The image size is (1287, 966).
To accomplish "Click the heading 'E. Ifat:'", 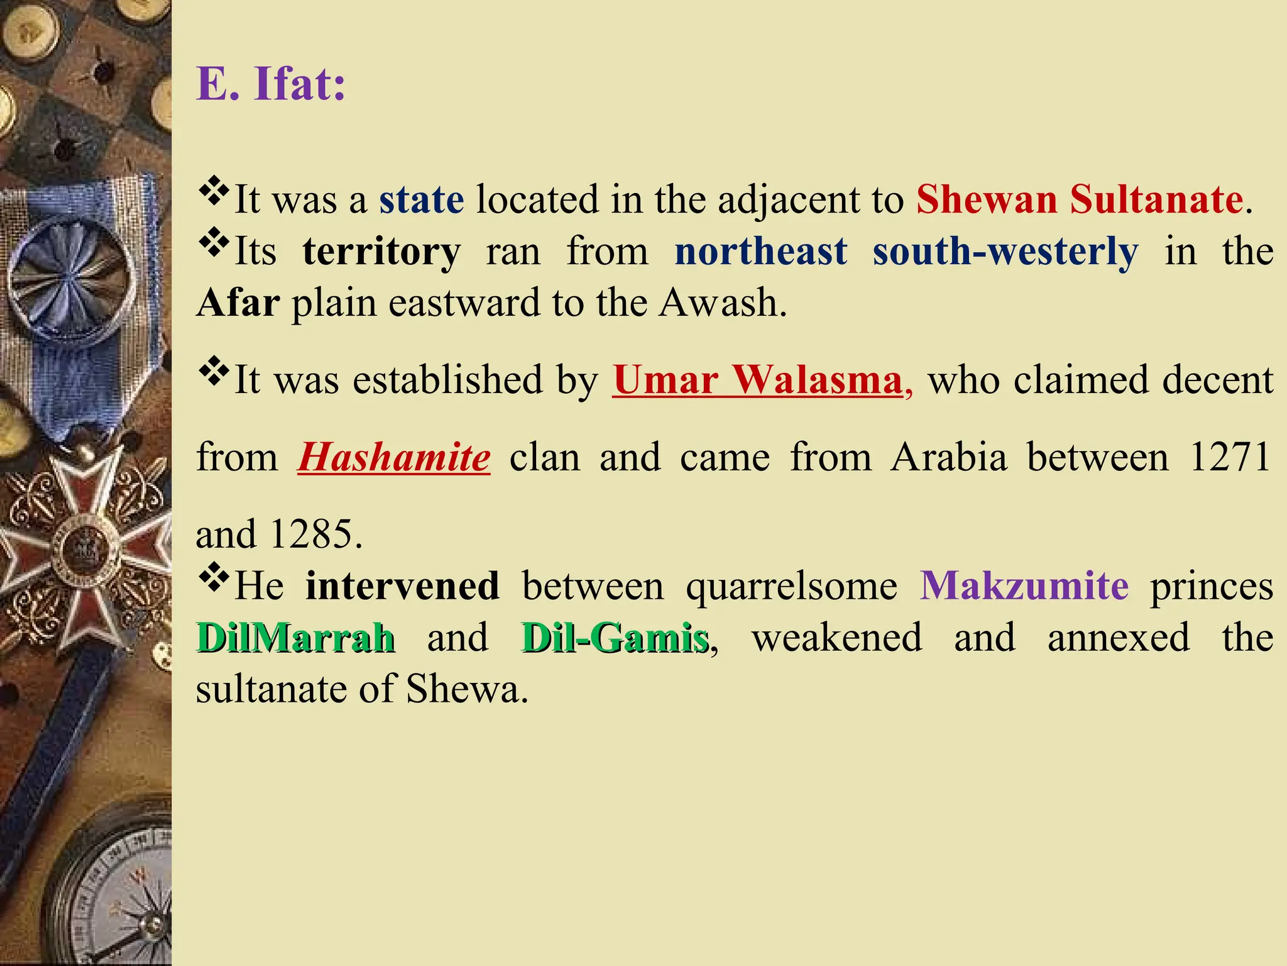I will (271, 84).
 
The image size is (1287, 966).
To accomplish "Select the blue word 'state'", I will (421, 200).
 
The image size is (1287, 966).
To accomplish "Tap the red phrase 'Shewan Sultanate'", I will (1079, 200).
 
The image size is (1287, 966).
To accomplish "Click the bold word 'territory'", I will (381, 252).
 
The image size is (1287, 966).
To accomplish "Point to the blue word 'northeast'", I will (760, 252).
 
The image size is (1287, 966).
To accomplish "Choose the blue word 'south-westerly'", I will (1005, 252).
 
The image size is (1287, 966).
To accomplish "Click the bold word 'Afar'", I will (238, 303).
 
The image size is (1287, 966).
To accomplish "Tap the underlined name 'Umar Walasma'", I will (758, 380).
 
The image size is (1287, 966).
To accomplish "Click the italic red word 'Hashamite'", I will (393, 458).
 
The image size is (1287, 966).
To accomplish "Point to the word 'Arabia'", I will (949, 458).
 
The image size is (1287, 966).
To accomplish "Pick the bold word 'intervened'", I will (402, 586).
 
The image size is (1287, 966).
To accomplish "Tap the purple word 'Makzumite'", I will (1024, 586).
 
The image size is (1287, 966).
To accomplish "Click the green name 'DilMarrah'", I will (295, 638).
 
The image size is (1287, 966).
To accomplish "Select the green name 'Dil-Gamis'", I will (615, 638).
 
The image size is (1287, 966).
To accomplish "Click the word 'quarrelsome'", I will (791, 586).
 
